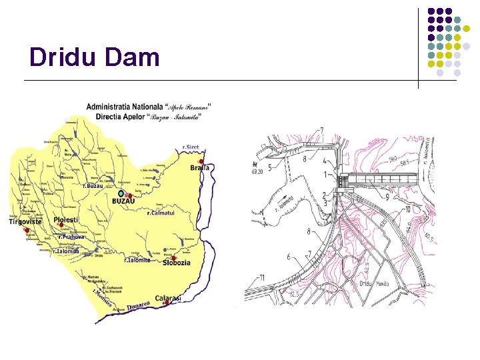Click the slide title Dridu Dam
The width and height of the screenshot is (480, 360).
95,57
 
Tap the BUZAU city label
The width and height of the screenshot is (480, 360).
124,201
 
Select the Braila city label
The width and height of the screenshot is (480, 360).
199,168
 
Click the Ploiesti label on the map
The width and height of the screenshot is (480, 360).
66,220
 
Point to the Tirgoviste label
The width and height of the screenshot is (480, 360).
25,222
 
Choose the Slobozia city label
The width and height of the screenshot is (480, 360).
176,263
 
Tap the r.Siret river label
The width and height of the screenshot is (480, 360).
191,147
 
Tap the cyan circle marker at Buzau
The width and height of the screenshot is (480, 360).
121,193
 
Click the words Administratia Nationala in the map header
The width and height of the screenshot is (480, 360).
124,106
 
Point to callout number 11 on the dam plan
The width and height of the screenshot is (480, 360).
262,277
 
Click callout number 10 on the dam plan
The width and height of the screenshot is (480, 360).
406,210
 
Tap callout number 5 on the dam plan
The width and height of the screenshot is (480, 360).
269,167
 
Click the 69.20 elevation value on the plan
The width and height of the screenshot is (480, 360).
257,171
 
